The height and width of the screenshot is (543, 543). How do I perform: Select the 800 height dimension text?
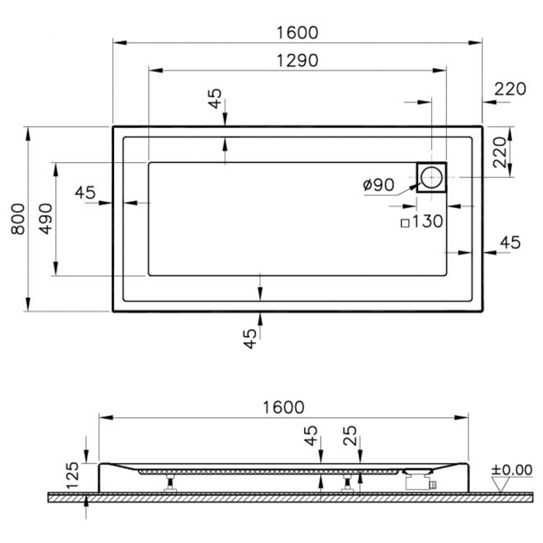[19, 219]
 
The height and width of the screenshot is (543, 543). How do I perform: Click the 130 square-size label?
[427, 222]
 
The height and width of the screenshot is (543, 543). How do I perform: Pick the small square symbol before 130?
[404, 223]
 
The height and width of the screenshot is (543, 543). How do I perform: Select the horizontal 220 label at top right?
[510, 89]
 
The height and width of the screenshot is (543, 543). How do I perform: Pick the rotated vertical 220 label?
[500, 152]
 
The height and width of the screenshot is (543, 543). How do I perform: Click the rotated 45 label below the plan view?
[249, 338]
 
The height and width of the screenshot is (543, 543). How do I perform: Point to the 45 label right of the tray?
[509, 243]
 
